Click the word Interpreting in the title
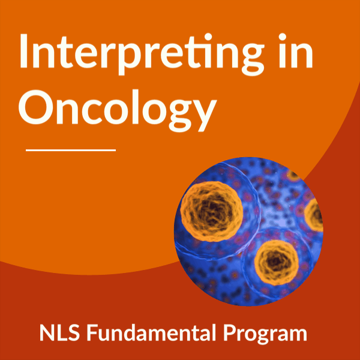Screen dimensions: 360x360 click(x=142, y=54)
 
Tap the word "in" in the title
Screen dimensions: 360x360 click(x=296, y=50)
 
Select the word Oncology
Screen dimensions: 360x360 click(x=118, y=110)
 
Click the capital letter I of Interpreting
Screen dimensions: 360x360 click(x=23, y=51)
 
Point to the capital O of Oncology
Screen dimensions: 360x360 click(x=37, y=107)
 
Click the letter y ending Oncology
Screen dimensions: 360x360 click(x=201, y=116)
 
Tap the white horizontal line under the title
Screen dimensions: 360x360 click(x=71, y=150)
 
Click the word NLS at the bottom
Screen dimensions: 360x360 click(x=59, y=332)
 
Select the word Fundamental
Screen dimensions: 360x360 click(x=151, y=332)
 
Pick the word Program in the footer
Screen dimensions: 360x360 click(x=265, y=335)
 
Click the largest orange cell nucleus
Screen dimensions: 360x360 click(x=211, y=211)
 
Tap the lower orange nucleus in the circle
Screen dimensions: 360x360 click(x=277, y=262)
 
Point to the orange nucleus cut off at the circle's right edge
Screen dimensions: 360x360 click(x=314, y=215)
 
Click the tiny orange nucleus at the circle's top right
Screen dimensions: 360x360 click(x=293, y=175)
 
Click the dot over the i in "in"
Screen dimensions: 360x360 click(x=283, y=37)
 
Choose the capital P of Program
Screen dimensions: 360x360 click(x=230, y=332)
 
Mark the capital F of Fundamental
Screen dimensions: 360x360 click(x=92, y=332)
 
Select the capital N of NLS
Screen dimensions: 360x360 click(x=47, y=332)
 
